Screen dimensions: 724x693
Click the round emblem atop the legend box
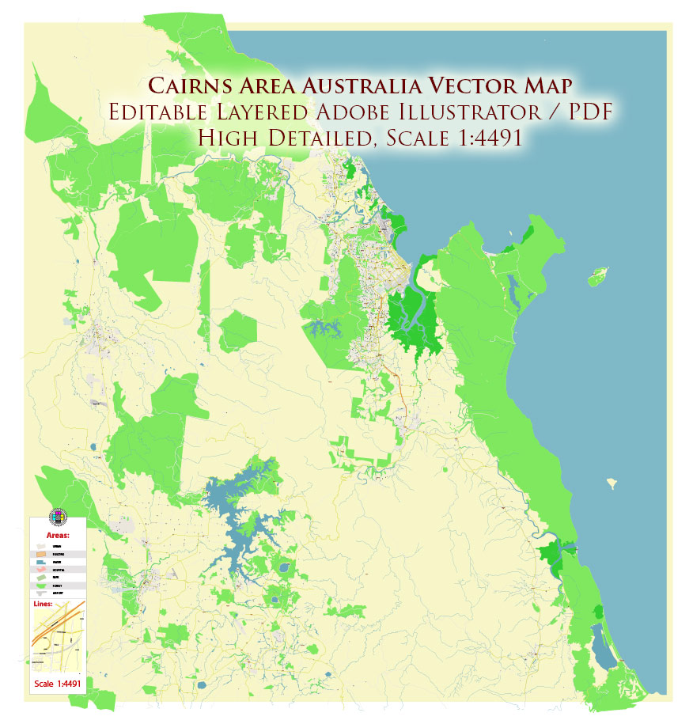tap(58, 517)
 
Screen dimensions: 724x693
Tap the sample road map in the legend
tap(58, 641)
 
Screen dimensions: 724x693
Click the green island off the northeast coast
tap(599, 276)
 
